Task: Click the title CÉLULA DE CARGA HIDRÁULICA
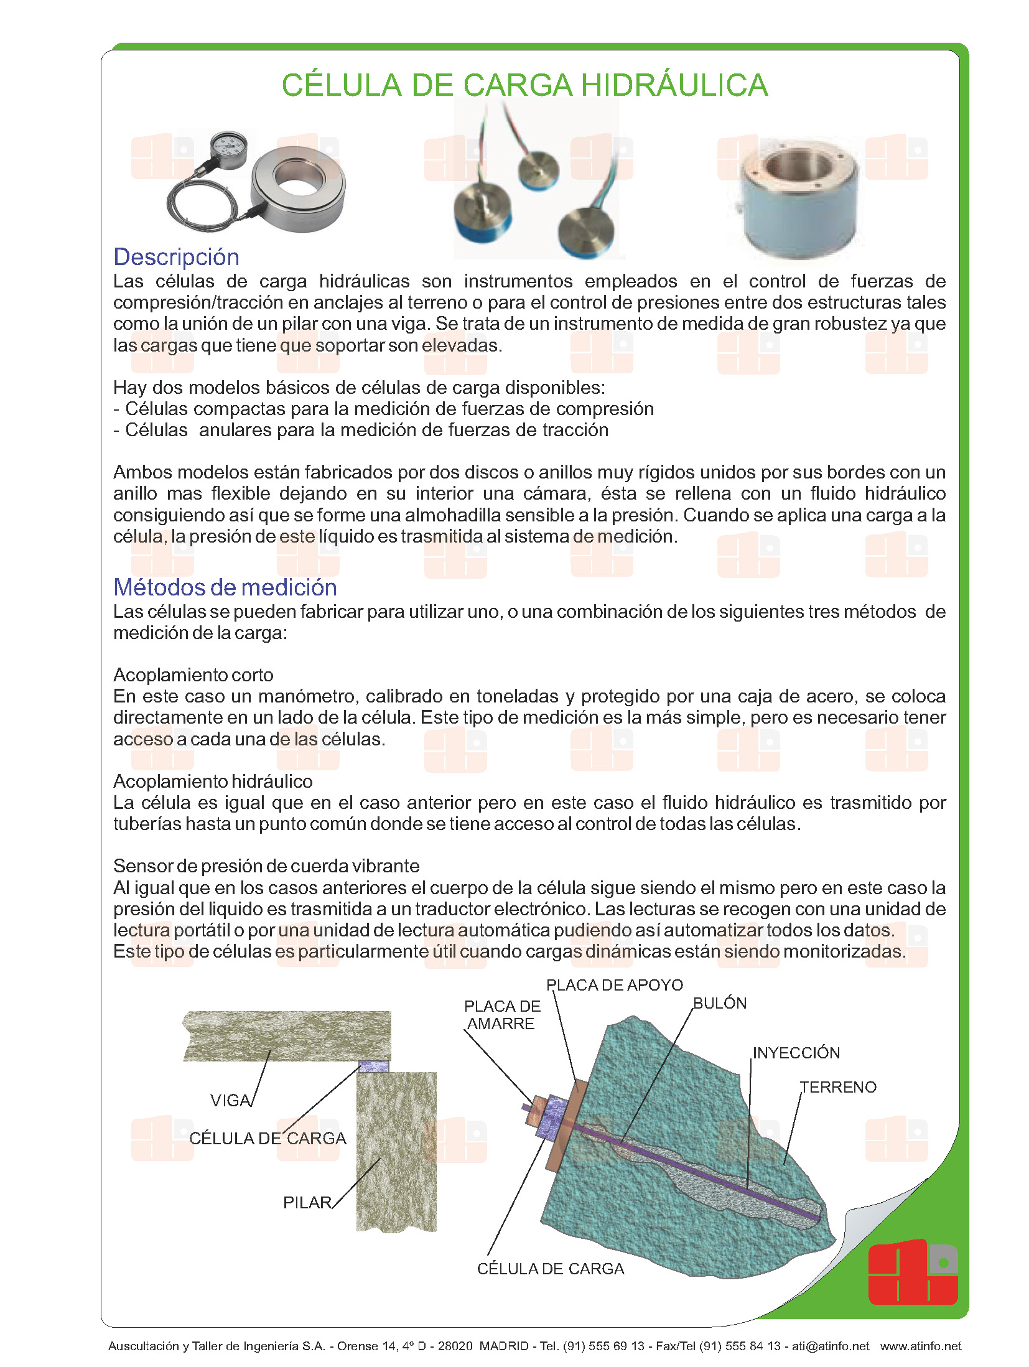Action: (524, 85)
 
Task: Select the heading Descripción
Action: (176, 257)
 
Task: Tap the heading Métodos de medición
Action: (225, 587)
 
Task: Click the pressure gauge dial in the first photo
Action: (228, 146)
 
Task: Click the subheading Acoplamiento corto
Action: (193, 675)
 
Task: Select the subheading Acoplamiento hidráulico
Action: (213, 781)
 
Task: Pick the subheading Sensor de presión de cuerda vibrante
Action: (266, 866)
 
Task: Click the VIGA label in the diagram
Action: (230, 1100)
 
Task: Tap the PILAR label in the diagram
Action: (307, 1202)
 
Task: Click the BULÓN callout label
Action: (720, 1003)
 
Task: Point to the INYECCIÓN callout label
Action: (796, 1053)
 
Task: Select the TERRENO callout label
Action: (839, 1087)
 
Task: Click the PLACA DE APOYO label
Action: (614, 985)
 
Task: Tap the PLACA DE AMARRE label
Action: (501, 1015)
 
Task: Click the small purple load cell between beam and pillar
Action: (374, 1067)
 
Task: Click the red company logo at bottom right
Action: (912, 1272)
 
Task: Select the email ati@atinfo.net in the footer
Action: (830, 1346)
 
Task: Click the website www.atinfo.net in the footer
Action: (920, 1346)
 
